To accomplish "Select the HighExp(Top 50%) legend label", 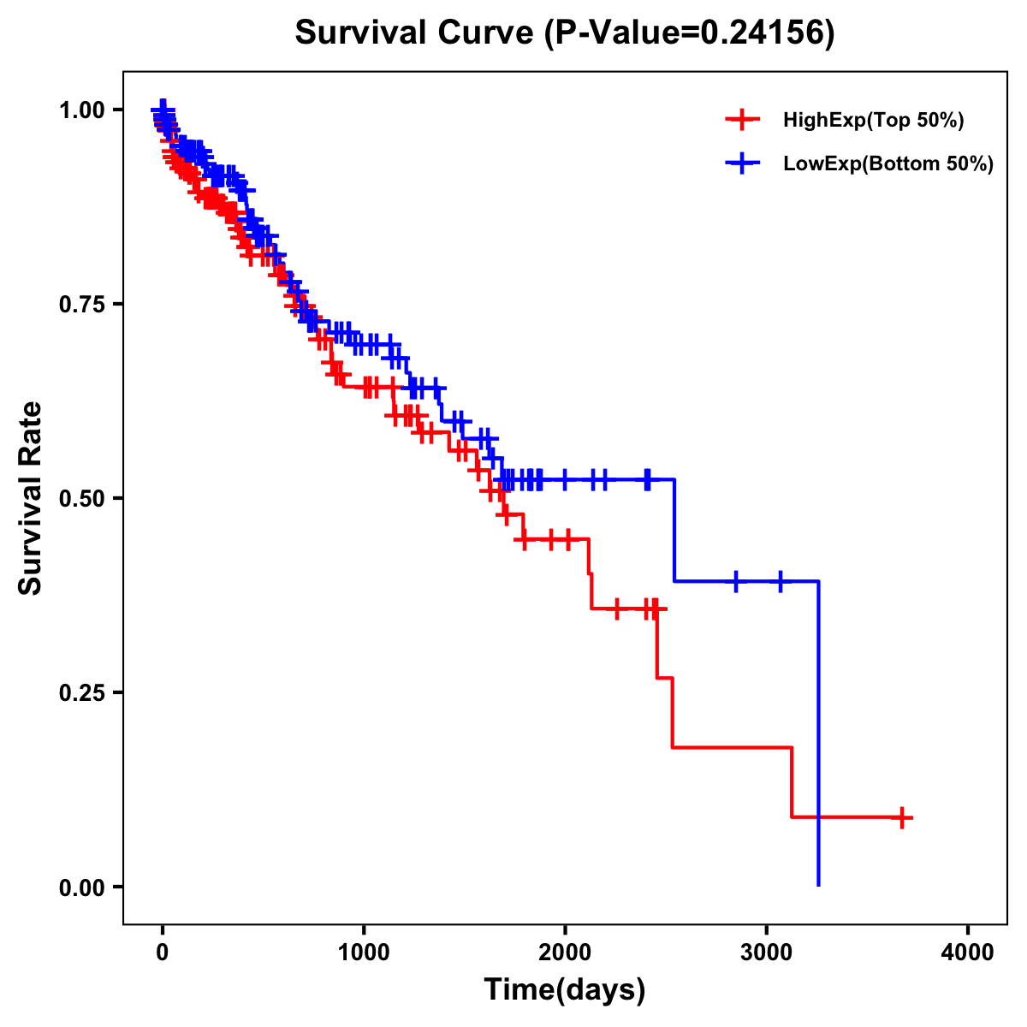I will click(873, 121).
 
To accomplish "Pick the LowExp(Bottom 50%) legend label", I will click(887, 164).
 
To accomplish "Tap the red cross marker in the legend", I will click(742, 121).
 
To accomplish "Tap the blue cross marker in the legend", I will click(742, 163).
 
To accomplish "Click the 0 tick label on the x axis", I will click(163, 952).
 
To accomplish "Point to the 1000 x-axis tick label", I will click(364, 952).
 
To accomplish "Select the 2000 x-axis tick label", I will click(565, 952).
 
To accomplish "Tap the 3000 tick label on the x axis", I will click(767, 952).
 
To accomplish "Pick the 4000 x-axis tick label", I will click(968, 952).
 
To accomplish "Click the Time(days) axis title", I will click(565, 990).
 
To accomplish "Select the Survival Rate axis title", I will click(31, 498).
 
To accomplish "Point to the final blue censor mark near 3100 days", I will click(780, 581).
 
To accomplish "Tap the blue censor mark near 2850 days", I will click(735, 581).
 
